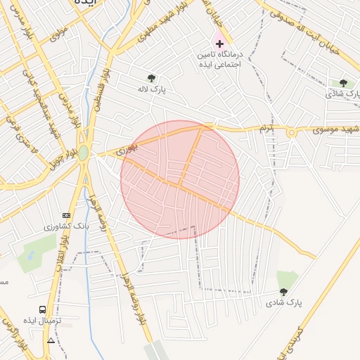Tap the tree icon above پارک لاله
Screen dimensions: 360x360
click(150, 78)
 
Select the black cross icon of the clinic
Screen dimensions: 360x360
click(220, 44)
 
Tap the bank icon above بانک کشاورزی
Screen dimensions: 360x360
click(67, 215)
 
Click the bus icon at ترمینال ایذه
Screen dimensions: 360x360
click(44, 309)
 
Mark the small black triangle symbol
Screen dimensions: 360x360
click(51, 341)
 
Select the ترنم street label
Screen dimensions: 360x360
click(264, 129)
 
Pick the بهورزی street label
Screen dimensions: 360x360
click(125, 148)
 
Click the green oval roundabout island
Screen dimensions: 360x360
click(84, 153)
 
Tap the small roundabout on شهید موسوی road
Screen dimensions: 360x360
click(290, 131)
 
